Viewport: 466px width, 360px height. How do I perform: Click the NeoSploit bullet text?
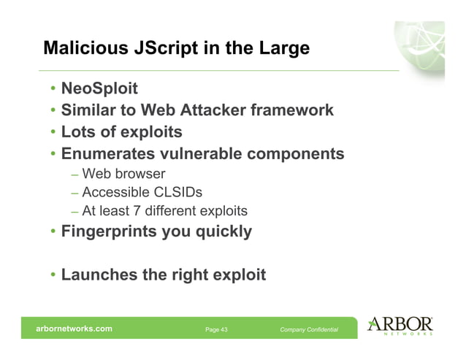(x=100, y=90)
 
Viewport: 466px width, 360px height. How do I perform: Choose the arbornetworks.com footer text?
(x=75, y=329)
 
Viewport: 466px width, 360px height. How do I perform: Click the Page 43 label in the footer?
(x=216, y=330)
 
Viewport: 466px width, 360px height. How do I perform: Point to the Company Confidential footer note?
(x=309, y=330)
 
